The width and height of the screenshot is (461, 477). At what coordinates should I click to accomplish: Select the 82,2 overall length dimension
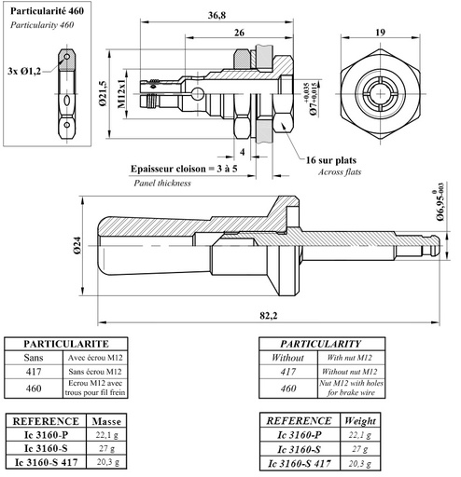[x=269, y=317]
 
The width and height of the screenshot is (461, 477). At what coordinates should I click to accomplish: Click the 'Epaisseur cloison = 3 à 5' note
[x=182, y=169]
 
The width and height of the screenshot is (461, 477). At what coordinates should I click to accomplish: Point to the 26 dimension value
[x=241, y=34]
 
